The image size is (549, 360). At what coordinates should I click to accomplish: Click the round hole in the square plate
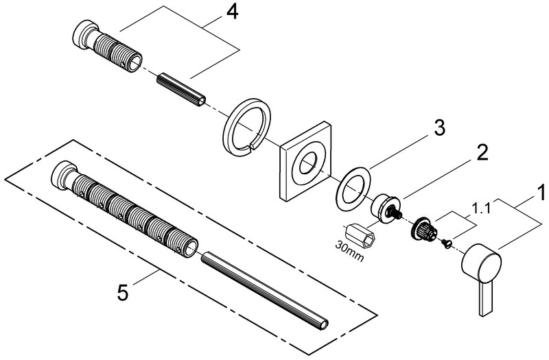tap(307, 164)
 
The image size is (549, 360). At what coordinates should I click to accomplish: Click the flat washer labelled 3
tap(355, 189)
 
